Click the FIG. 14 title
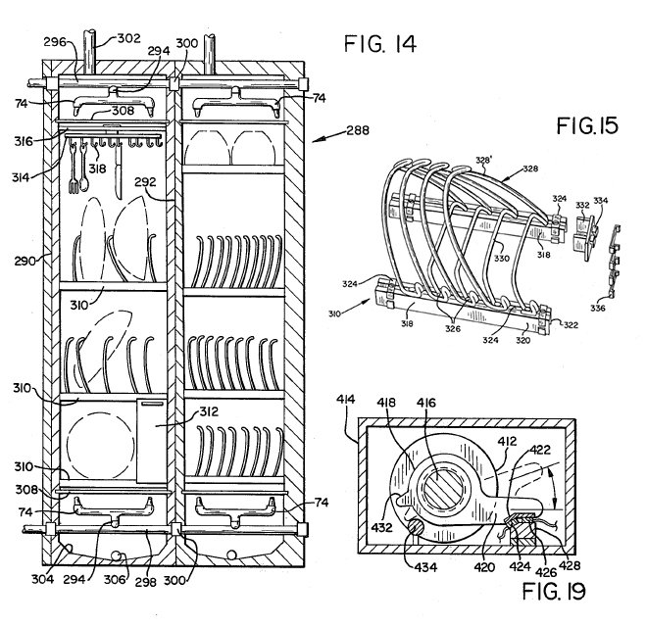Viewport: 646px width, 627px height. click(379, 44)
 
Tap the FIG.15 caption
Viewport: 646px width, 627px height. click(587, 125)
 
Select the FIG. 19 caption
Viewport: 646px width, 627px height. click(554, 592)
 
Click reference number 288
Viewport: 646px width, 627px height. click(358, 130)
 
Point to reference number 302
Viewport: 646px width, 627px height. click(129, 39)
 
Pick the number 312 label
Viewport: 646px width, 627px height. click(209, 411)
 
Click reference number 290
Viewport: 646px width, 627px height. click(25, 261)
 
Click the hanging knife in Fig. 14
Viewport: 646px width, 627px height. click(119, 172)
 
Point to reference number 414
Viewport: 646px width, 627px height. click(346, 399)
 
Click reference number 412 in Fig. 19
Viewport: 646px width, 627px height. click(507, 441)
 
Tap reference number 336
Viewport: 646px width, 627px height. click(597, 308)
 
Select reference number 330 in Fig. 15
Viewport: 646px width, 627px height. click(502, 259)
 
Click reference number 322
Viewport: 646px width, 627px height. click(571, 325)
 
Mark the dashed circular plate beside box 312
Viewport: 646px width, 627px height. click(101, 444)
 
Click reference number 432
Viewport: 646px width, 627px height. click(381, 527)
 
